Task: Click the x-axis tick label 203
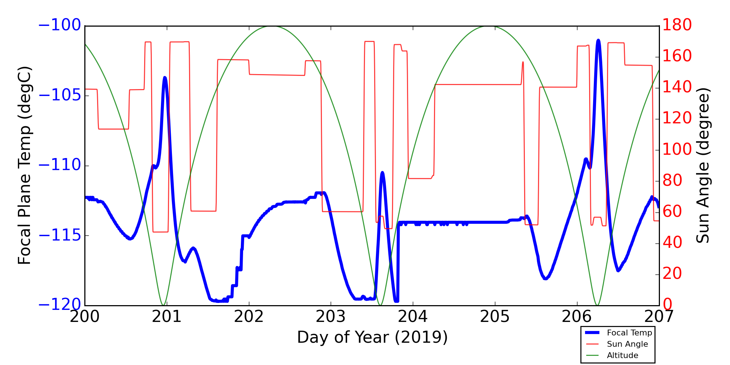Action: click(331, 317)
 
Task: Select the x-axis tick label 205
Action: click(495, 317)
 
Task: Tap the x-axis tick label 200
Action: click(85, 317)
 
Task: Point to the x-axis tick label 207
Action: click(659, 317)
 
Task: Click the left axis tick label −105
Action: click(59, 96)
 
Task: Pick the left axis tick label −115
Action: click(59, 235)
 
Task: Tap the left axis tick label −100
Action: click(59, 26)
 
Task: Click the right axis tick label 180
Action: click(677, 26)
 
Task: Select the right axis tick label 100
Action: click(677, 150)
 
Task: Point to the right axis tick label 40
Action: click(672, 243)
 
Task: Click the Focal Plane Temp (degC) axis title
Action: click(25, 165)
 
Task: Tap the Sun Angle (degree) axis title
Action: click(703, 165)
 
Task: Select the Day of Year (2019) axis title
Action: click(372, 337)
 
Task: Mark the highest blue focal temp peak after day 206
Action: click(598, 40)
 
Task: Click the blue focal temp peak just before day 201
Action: click(165, 78)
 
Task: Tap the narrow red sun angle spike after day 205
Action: click(523, 62)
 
